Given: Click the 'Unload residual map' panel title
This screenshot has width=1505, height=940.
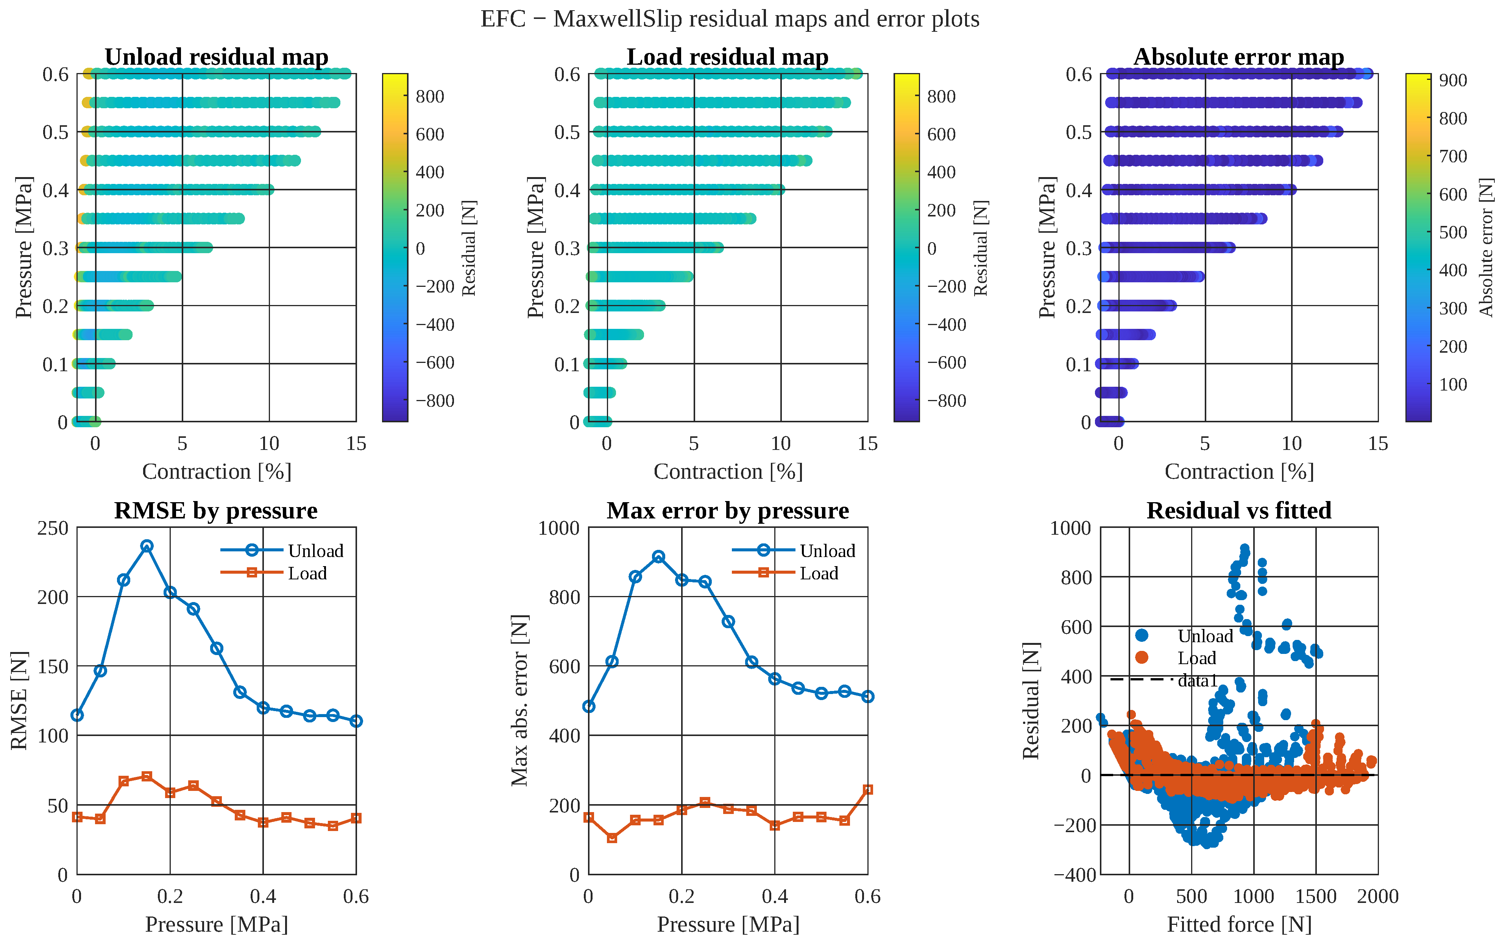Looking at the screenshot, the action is click(x=217, y=57).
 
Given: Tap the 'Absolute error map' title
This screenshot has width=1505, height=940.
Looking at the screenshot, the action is click(x=1239, y=57).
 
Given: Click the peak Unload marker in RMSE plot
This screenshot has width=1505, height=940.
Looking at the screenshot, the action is click(x=147, y=546).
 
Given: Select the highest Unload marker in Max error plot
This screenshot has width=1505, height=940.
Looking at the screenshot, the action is click(x=658, y=556).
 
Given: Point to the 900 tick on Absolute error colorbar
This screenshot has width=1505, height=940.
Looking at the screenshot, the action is click(x=1453, y=80).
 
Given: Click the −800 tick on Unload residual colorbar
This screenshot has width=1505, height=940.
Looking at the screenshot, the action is click(x=435, y=400).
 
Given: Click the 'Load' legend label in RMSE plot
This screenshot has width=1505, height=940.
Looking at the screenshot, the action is click(x=307, y=573).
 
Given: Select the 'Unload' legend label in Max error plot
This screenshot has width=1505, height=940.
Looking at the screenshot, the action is click(x=827, y=551).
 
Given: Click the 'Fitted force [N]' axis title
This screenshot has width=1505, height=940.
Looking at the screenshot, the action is click(x=1239, y=924).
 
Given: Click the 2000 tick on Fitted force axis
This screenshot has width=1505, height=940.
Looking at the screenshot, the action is click(x=1377, y=896).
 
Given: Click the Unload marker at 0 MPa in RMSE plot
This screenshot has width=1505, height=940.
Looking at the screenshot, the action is click(x=77, y=715).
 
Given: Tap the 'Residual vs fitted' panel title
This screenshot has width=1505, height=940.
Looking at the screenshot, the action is click(x=1239, y=510).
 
